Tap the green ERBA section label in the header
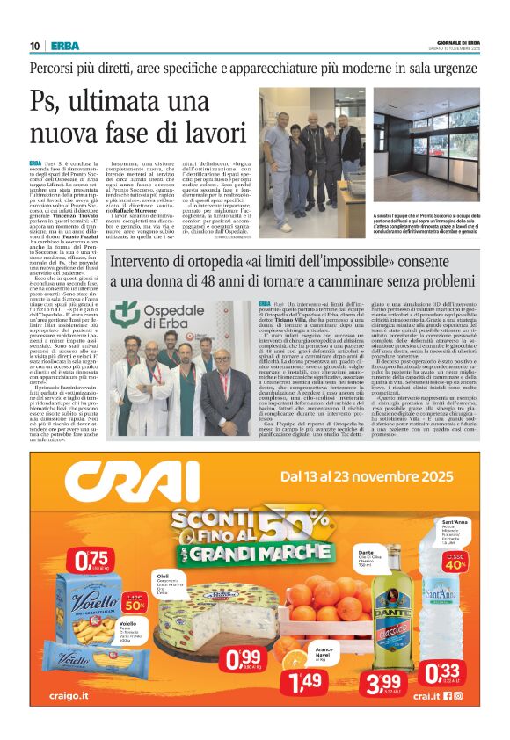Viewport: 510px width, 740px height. click(64, 46)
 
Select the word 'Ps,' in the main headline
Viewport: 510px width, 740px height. click(50, 104)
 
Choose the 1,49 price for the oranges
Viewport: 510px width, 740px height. click(311, 679)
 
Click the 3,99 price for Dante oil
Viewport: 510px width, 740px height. click(382, 681)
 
